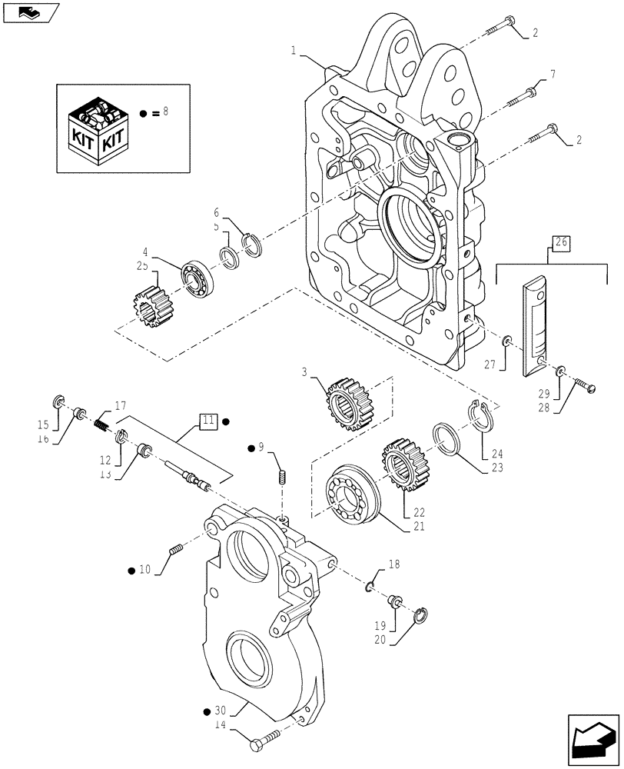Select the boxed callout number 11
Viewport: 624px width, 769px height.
pyautogui.click(x=208, y=421)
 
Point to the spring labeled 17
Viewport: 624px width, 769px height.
pyautogui.click(x=104, y=422)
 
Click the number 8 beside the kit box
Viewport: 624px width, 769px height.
pyautogui.click(x=164, y=112)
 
